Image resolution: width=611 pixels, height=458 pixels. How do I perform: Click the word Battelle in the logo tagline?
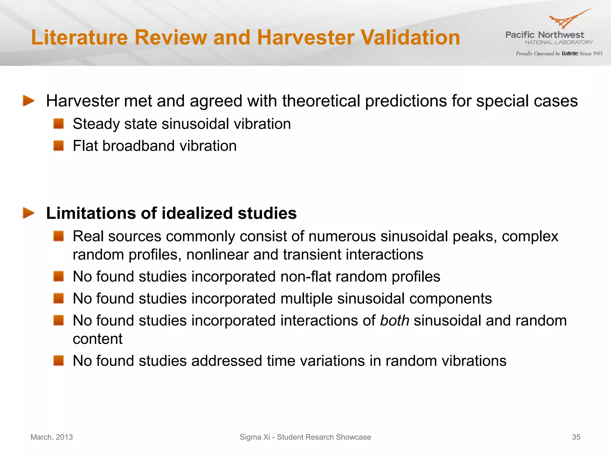pos(570,54)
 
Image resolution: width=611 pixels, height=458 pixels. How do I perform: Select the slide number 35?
pos(576,437)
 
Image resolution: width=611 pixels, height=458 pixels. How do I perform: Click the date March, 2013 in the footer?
pos(52,437)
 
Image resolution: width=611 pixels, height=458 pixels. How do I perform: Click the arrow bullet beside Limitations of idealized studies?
pos(29,213)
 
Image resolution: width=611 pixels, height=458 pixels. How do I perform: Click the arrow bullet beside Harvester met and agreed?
pos(29,101)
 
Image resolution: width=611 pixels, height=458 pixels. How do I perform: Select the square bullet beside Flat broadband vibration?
pos(59,146)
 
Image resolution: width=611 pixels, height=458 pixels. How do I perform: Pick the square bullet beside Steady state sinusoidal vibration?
pos(59,123)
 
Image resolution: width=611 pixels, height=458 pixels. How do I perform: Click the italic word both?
pos(394,321)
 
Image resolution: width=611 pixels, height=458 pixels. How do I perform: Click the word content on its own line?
pos(98,339)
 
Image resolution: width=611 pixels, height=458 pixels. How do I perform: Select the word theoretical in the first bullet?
pos(321,101)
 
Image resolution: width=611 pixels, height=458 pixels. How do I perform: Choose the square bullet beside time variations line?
pos(59,360)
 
